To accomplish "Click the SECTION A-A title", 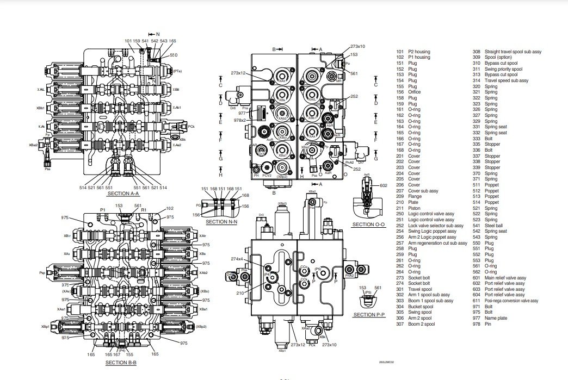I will coord(123,193).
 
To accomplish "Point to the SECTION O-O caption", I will coord(368,225).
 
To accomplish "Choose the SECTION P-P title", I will coord(368,314).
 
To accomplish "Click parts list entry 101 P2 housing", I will coord(413,52).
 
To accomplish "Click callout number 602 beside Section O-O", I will coord(384,186).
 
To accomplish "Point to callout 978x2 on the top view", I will coord(239,120).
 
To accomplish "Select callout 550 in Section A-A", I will coord(174,55).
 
